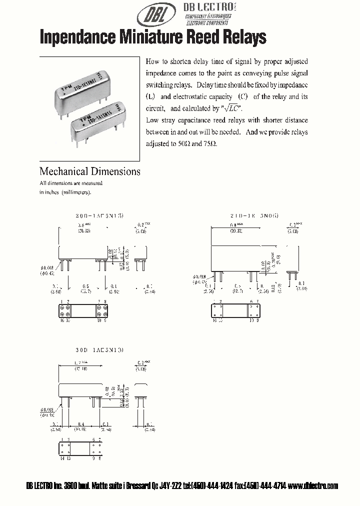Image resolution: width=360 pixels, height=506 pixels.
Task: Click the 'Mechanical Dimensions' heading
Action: (90, 171)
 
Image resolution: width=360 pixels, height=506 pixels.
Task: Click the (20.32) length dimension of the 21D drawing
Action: (237, 231)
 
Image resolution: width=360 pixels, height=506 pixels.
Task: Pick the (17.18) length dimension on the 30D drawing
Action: (82, 369)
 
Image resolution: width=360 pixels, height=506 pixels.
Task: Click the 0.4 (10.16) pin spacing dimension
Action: (81, 426)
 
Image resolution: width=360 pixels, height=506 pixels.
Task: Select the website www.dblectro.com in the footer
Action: (313, 485)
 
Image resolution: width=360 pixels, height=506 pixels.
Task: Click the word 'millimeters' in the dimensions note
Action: (76, 192)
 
